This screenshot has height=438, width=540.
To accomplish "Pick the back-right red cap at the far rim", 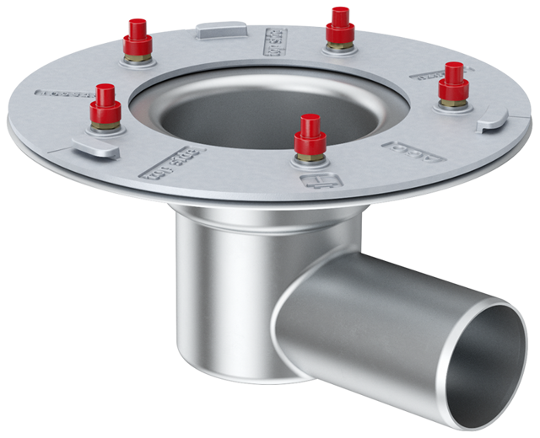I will coord(340,23).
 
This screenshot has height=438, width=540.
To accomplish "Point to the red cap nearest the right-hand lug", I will coord(455,80).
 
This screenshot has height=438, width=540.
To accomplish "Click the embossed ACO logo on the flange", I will coord(413,152).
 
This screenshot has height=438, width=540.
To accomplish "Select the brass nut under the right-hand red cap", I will coord(454,102).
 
